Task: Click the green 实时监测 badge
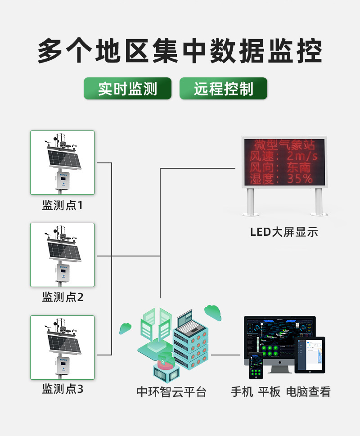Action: (127, 89)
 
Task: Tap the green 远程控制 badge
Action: (223, 89)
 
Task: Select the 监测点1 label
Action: (63, 206)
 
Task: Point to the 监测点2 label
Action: (63, 297)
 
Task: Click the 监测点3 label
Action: (63, 389)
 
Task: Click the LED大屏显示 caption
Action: (284, 232)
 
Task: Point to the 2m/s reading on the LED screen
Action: (302, 157)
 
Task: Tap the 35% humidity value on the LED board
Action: (300, 179)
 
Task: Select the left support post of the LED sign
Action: (250, 201)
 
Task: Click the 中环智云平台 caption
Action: (171, 392)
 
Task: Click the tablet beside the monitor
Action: (310, 355)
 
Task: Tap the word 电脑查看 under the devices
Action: (308, 392)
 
